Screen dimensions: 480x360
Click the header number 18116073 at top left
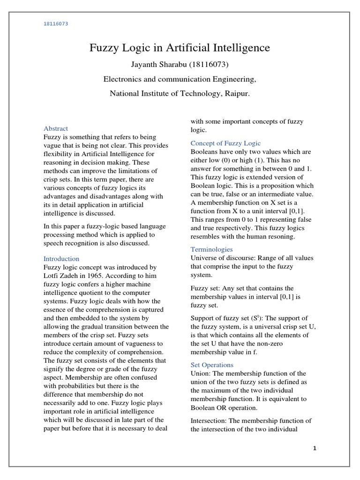(56, 24)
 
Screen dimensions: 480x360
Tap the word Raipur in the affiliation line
(236, 93)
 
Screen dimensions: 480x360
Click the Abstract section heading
(56, 128)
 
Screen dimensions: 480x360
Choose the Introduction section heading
(61, 258)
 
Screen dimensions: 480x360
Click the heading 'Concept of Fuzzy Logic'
(225, 143)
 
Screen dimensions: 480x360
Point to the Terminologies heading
(211, 249)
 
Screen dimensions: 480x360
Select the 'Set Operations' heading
(212, 365)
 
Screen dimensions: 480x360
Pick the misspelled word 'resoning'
(280, 237)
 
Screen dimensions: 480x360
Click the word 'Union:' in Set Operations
(201, 373)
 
